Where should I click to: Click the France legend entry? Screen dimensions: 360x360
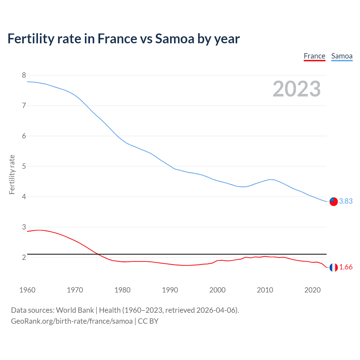pos(314,56)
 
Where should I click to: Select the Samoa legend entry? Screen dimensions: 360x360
pos(342,56)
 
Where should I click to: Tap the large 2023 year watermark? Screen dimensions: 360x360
pos(297,89)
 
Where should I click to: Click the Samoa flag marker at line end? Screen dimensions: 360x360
pos(334,201)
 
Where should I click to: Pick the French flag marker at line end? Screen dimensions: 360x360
pos(334,267)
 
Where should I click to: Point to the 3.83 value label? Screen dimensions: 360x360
pos(346,201)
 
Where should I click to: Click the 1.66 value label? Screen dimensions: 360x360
pos(346,267)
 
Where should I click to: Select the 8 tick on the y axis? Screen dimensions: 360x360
pos(24,75)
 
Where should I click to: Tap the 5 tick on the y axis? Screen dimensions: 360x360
pos(24,166)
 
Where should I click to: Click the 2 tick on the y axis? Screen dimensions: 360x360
pos(24,257)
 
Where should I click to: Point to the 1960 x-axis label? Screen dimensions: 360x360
pos(27,290)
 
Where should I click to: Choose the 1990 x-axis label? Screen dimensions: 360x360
pos(170,290)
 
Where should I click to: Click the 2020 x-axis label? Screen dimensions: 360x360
pos(312,290)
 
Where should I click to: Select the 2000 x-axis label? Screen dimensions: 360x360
pos(217,290)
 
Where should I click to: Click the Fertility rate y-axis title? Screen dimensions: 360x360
pos(12,174)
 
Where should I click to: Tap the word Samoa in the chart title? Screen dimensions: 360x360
pos(174,39)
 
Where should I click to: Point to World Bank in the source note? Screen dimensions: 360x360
pos(75,310)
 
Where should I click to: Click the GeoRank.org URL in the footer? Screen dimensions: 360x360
pos(72,321)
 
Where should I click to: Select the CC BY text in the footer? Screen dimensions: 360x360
pos(148,321)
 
